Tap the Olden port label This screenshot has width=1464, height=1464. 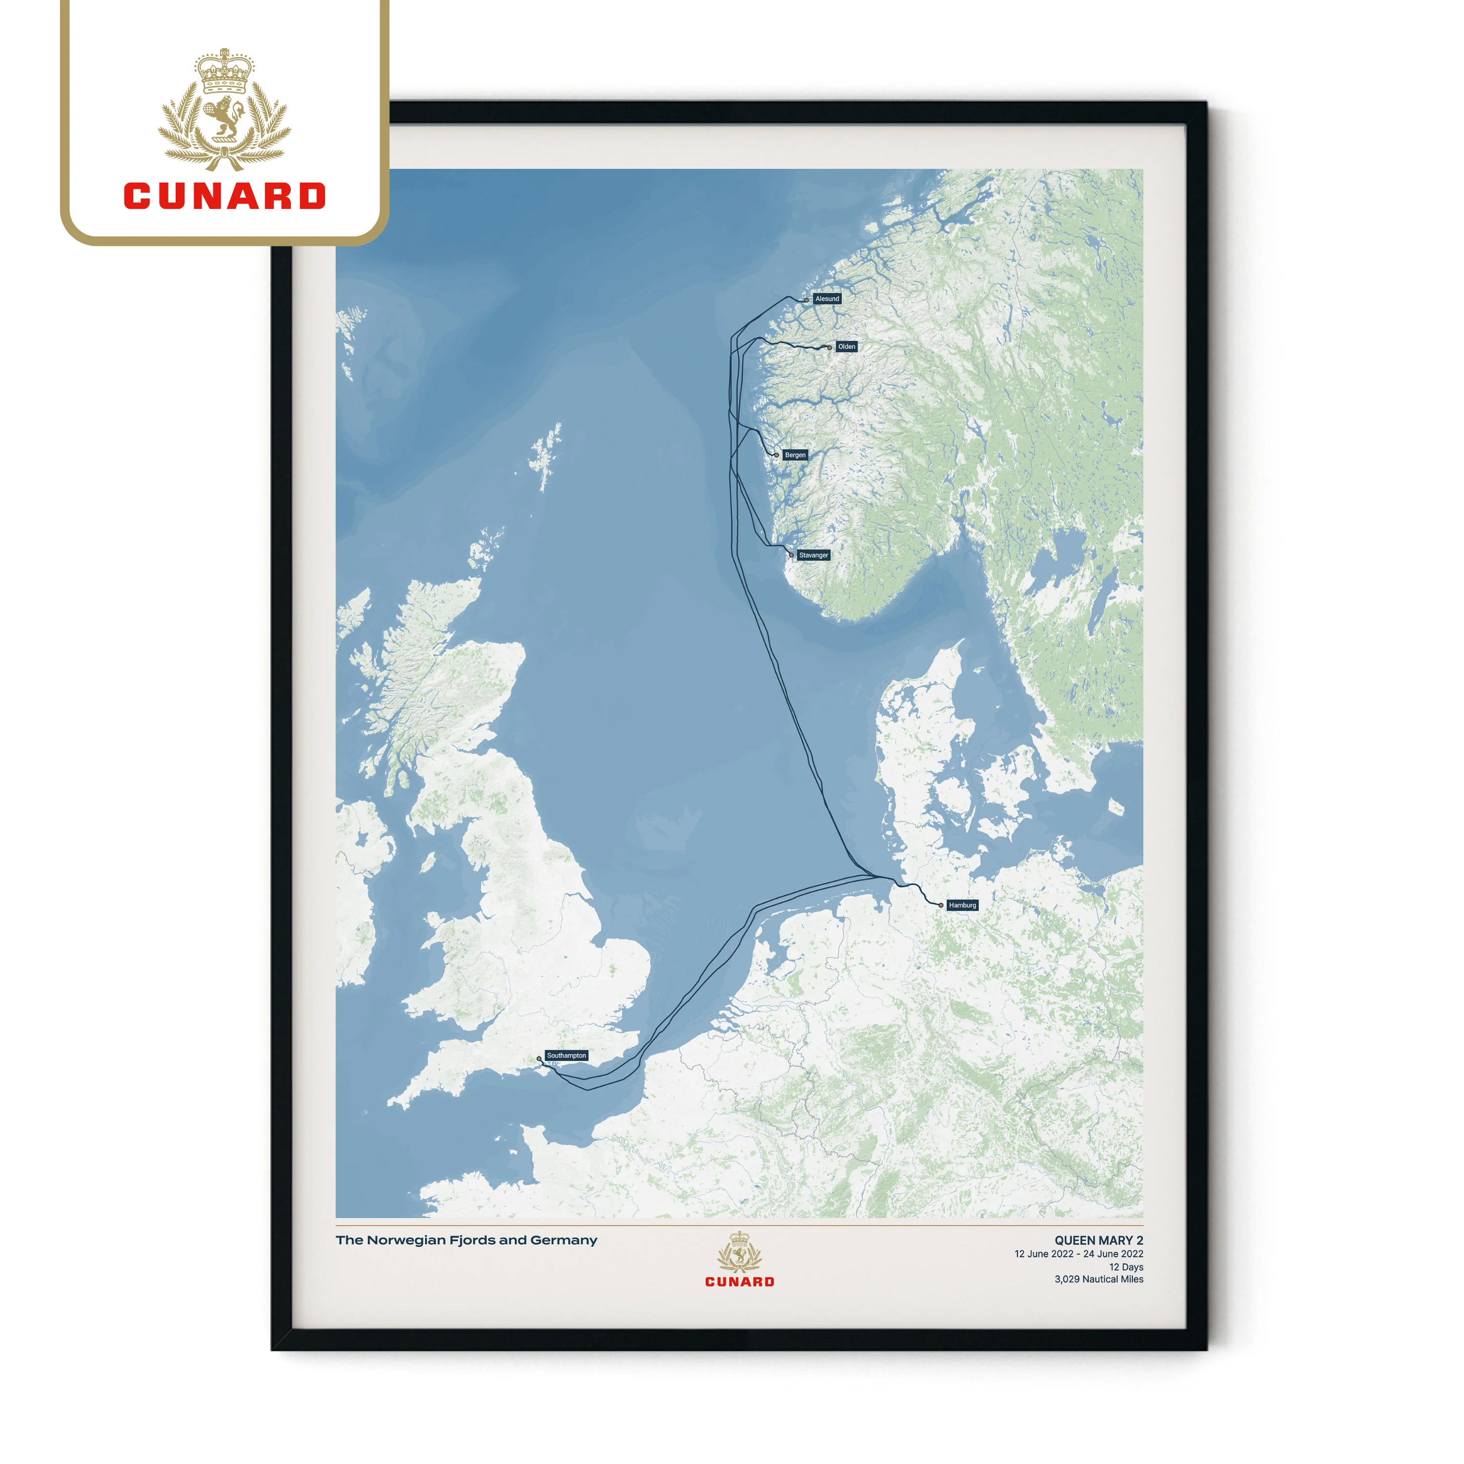click(846, 346)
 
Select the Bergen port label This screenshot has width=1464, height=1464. click(795, 455)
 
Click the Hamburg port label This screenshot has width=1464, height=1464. click(962, 905)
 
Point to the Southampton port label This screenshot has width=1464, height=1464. click(566, 1055)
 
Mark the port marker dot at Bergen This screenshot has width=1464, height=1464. click(777, 455)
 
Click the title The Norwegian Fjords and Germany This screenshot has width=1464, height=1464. click(466, 1240)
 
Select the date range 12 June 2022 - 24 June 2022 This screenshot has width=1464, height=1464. click(1078, 1254)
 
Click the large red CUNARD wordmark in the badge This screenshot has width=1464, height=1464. click(225, 196)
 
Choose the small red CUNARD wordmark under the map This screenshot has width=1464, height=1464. click(740, 1281)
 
